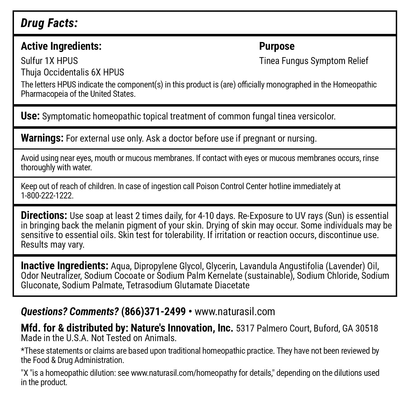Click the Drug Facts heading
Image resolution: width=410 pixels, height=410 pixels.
pos(49,24)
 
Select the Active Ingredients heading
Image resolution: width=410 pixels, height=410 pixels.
pos(61,46)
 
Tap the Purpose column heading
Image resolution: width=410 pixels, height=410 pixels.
pos(277,46)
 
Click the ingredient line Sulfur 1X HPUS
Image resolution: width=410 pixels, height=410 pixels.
pos(49,61)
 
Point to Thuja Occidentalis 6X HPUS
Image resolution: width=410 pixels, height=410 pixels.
pos(72,72)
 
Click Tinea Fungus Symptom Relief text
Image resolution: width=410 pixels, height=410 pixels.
pos(314,61)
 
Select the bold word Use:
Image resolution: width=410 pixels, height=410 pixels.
pos(30,116)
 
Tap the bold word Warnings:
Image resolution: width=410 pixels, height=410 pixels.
pos(42,138)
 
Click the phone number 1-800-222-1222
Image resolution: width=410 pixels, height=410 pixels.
pos(47,196)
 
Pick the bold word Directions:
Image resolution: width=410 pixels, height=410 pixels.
pos(44,216)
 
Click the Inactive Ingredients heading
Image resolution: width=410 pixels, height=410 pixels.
pos(65,266)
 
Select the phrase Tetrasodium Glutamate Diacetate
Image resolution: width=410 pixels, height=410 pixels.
pos(188,285)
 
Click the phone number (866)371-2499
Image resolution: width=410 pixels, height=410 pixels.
pos(153,311)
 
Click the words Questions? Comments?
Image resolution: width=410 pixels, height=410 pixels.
pos(70,311)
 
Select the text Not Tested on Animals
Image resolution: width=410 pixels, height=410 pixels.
pos(134,338)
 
